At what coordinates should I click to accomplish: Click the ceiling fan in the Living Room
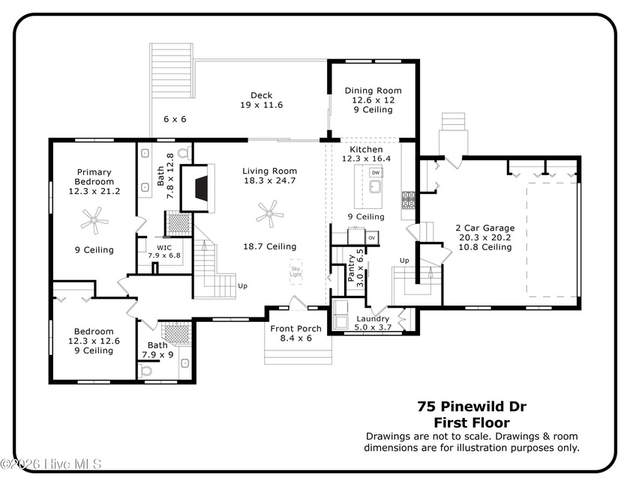270,214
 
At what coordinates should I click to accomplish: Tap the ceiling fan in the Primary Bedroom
94,220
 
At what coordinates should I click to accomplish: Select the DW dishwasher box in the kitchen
376,172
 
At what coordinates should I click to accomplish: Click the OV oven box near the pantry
372,237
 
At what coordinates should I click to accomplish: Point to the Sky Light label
295,272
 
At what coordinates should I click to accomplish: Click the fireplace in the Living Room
197,188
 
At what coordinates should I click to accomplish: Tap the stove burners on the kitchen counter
408,200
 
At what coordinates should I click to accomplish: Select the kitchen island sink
375,186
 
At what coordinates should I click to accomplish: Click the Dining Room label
373,91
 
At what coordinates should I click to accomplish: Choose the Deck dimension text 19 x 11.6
262,105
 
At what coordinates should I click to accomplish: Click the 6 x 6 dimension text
175,119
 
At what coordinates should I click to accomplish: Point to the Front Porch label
295,329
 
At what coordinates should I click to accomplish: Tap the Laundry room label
373,319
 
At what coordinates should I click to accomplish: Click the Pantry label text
351,268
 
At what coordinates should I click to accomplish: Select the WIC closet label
164,248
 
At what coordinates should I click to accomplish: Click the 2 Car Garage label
485,228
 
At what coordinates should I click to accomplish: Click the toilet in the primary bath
184,153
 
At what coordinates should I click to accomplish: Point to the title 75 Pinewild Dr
472,407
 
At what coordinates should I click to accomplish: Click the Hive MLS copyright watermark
51,464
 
